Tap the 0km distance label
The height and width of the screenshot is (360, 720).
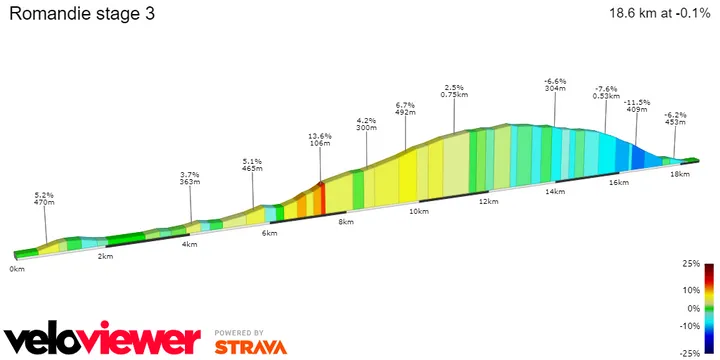(x=17, y=269)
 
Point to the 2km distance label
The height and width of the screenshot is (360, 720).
(x=105, y=256)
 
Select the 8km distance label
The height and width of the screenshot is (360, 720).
(x=346, y=221)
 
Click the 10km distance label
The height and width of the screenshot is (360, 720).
(x=417, y=211)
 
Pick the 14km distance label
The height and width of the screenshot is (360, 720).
(x=549, y=191)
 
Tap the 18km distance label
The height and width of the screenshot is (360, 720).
(x=679, y=174)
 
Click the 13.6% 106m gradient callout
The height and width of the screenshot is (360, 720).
(x=320, y=138)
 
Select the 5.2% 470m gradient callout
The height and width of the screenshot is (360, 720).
(x=44, y=198)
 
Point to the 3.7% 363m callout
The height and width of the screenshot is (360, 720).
(x=190, y=178)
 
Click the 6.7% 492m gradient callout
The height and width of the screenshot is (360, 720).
(x=405, y=108)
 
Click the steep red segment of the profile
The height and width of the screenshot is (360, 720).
(x=322, y=196)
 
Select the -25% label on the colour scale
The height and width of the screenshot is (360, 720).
(x=691, y=353)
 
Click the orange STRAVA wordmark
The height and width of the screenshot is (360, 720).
(x=251, y=347)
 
